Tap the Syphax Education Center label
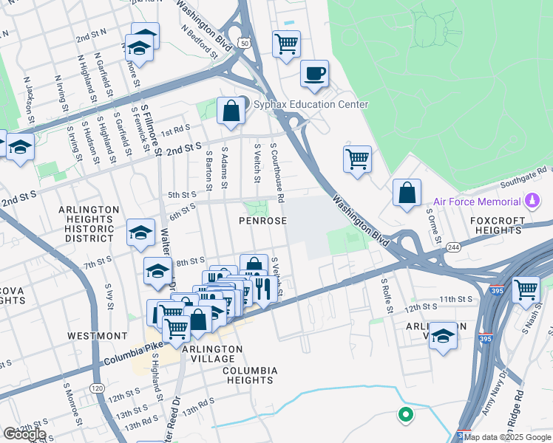coord(311,105)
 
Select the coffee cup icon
coord(315,74)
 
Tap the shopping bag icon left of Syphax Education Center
coord(231,110)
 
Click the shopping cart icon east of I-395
coord(526,289)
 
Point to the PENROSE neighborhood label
coord(262,221)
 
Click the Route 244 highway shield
coord(452,247)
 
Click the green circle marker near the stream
coord(405,415)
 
